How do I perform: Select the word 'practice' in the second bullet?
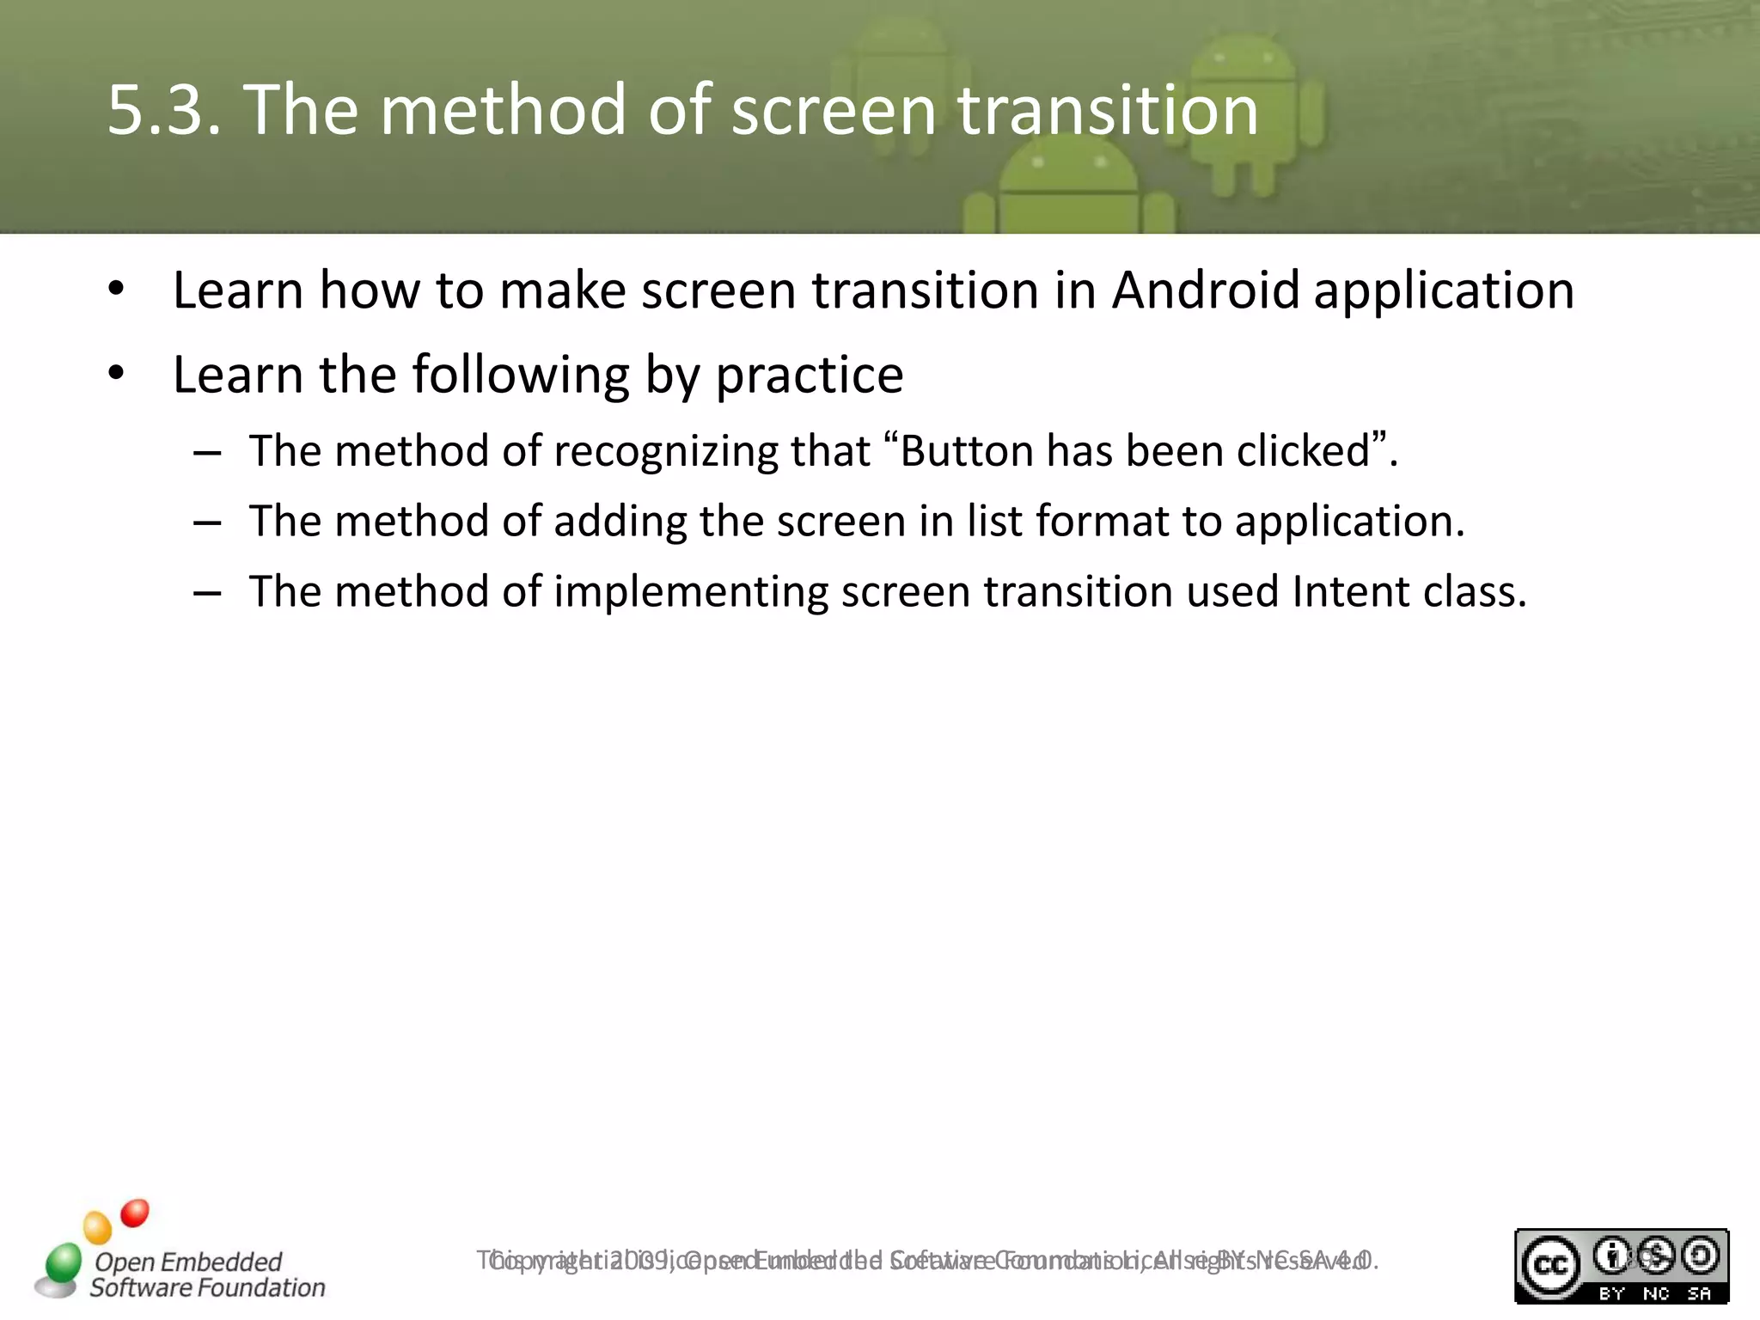tap(809, 376)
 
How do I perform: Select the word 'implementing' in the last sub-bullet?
tap(691, 592)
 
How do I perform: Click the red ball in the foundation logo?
tap(135, 1213)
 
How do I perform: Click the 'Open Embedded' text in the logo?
tap(188, 1262)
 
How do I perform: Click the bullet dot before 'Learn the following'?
tap(117, 375)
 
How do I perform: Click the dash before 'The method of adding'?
tap(208, 522)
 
